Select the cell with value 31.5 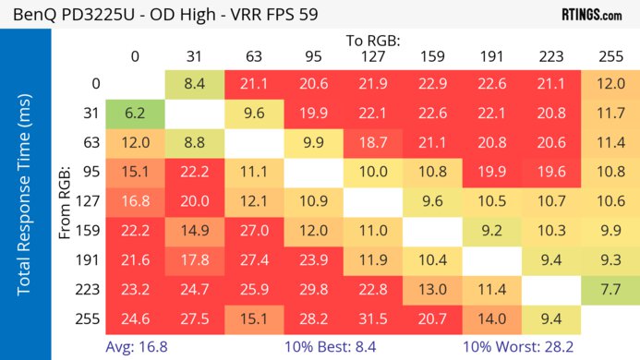[x=372, y=319]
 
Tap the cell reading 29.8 [x=313, y=290]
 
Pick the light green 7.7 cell [x=609, y=290]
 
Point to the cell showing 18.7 [x=372, y=143]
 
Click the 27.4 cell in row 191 [x=254, y=260]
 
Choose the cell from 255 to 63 [x=254, y=319]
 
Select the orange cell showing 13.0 [x=431, y=290]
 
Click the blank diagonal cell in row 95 [x=313, y=173]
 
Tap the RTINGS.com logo [x=591, y=15]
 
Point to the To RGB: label [x=373, y=42]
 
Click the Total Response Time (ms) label [x=25, y=198]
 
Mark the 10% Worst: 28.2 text [x=519, y=346]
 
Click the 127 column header [x=372, y=57]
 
